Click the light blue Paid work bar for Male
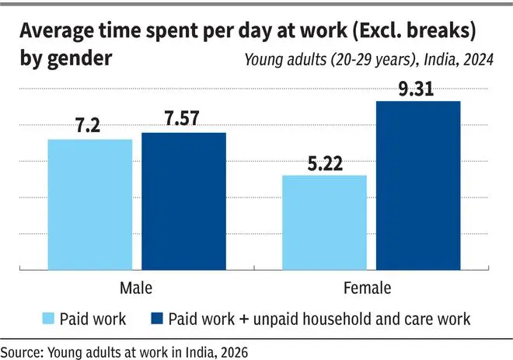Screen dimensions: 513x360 [x=90, y=204]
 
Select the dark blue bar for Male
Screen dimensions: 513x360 [x=183, y=201]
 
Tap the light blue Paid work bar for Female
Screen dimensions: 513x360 [x=325, y=222]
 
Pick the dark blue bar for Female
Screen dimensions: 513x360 [x=418, y=186]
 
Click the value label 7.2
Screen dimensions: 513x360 [x=88, y=125]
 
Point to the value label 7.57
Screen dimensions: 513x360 [x=182, y=118]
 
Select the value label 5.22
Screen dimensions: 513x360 [x=325, y=163]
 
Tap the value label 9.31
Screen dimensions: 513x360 [x=416, y=89]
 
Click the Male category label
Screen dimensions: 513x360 [x=136, y=288]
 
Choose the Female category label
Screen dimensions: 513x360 [x=368, y=288]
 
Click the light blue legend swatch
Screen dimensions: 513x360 [x=48, y=319]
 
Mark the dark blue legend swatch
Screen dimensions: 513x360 [x=157, y=319]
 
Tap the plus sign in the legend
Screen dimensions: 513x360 [x=244, y=319]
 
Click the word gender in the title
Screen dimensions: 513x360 [x=80, y=59]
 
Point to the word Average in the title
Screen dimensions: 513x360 [x=57, y=32]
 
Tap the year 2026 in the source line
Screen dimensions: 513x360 [x=234, y=352]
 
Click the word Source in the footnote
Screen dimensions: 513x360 [x=22, y=352]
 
